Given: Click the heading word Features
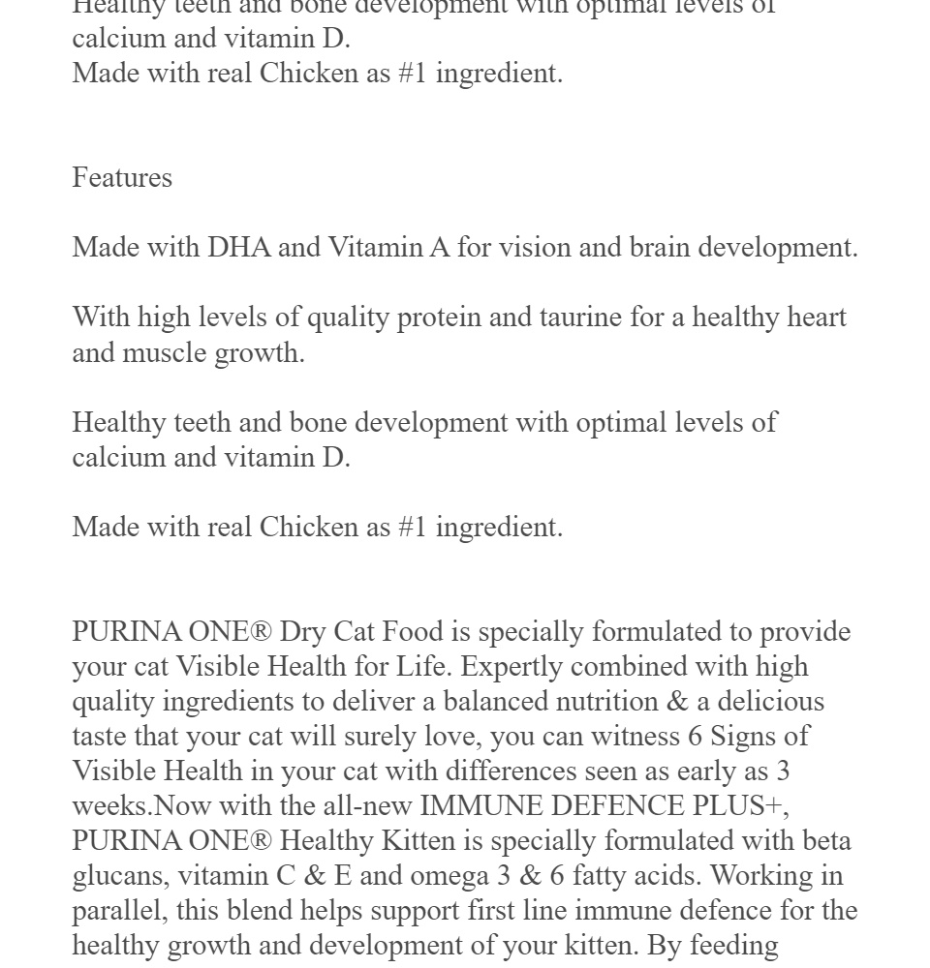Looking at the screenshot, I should [122, 178].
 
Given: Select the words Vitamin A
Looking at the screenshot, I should [388, 248].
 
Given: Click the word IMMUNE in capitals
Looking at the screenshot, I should [480, 806].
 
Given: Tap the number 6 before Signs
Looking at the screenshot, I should [695, 737].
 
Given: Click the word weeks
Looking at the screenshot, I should [109, 806].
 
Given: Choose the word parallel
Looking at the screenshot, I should [113, 911].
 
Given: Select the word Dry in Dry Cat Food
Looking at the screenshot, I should [302, 632].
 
